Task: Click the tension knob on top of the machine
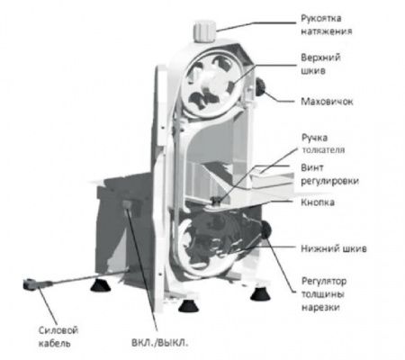click(x=205, y=31)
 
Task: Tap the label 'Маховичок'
click(x=327, y=102)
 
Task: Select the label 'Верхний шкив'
click(x=320, y=64)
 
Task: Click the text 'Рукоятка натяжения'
click(x=326, y=24)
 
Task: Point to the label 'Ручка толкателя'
click(x=323, y=143)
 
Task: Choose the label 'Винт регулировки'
click(x=329, y=175)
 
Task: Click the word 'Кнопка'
click(x=318, y=202)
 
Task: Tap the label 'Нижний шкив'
click(x=334, y=248)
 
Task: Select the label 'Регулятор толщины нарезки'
click(x=324, y=294)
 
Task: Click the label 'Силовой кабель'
click(x=58, y=337)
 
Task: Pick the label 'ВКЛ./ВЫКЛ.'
click(x=160, y=343)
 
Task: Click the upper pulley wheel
click(x=209, y=85)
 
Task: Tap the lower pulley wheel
click(x=207, y=246)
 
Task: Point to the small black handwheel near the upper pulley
click(x=260, y=86)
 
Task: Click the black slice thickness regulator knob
click(x=265, y=229)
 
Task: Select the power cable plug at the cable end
click(x=30, y=284)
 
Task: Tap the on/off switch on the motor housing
click(x=127, y=204)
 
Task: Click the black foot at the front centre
click(x=188, y=306)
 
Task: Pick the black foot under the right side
click(x=260, y=294)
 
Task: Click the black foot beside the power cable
click(x=101, y=285)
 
